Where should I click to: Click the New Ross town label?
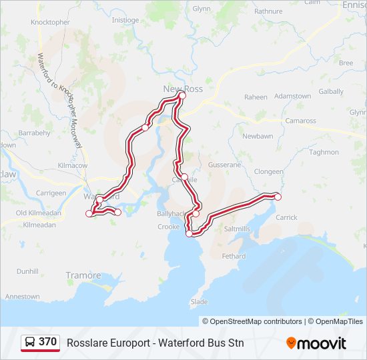coord(183,88)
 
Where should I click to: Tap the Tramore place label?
coord(83,275)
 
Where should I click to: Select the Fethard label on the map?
coord(234,256)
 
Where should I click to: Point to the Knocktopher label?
coord(50,22)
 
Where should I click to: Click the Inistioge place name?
coord(125,20)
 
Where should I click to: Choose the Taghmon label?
coord(324,152)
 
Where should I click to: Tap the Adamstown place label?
coord(292,96)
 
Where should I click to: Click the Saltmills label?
coord(238,228)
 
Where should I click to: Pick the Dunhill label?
coord(28,271)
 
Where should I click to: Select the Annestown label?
coord(23,297)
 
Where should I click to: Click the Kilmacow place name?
coord(73,165)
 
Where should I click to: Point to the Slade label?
coord(199,301)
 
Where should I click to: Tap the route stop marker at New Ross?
coord(182,96)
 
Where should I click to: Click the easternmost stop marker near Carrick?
coord(278,197)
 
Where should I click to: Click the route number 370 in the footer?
coord(47,342)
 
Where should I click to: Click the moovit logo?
coord(316,343)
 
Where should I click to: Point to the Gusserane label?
coord(224,164)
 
